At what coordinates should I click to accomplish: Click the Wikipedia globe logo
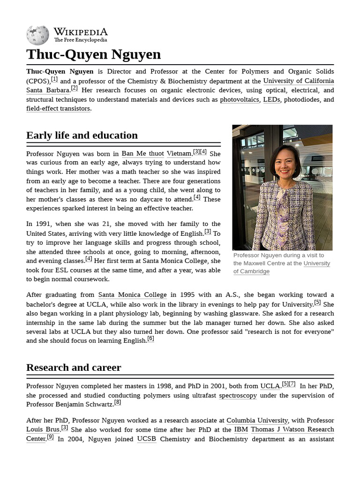pyautogui.click(x=37, y=35)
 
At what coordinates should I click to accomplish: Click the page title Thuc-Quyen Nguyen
pyautogui.click(x=93, y=54)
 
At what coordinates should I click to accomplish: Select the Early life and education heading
pyautogui.click(x=82, y=135)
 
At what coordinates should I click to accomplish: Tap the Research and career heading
pyautogui.click(x=74, y=367)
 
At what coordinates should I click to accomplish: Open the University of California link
pyautogui.click(x=299, y=81)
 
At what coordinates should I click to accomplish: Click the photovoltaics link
pyautogui.click(x=239, y=99)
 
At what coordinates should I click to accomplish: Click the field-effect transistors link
pyautogui.click(x=58, y=109)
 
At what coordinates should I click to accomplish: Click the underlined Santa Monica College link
pyautogui.click(x=132, y=295)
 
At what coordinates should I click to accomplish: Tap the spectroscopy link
pyautogui.click(x=238, y=395)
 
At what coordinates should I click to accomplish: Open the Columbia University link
pyautogui.click(x=257, y=420)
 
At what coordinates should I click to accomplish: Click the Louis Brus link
pyautogui.click(x=43, y=429)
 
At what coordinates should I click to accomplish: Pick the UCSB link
pyautogui.click(x=146, y=439)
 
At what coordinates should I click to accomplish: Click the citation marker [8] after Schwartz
pyautogui.click(x=118, y=402)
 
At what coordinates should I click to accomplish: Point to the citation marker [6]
pyautogui.click(x=150, y=338)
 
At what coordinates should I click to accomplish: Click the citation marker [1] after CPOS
pyautogui.click(x=54, y=79)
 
